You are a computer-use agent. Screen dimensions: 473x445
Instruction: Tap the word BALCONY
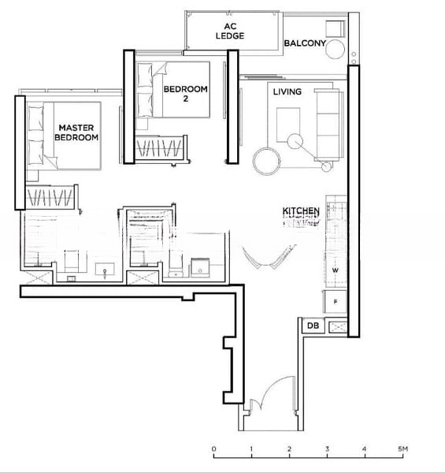click(304, 43)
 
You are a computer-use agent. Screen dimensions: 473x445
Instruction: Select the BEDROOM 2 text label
click(185, 94)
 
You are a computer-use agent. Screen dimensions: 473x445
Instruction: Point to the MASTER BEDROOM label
click(76, 132)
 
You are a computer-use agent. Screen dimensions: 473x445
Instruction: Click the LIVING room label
click(287, 92)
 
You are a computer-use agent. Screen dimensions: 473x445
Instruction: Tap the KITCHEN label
click(301, 211)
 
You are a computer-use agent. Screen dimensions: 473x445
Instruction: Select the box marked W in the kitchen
click(335, 270)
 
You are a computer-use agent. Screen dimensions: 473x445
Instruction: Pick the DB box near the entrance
click(313, 326)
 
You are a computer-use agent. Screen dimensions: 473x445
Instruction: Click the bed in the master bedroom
click(63, 136)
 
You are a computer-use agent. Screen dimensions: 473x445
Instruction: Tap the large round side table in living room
click(265, 160)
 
